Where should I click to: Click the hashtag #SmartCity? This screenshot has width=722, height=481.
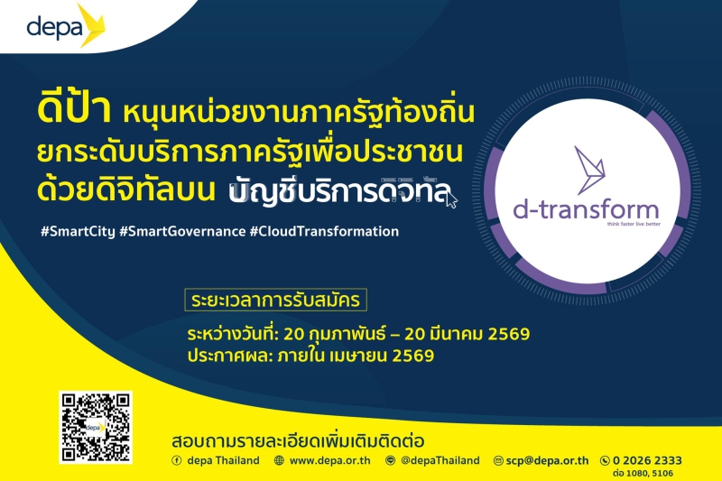click(x=77, y=231)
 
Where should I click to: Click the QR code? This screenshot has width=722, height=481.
click(x=96, y=427)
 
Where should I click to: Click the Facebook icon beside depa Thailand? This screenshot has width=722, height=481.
click(x=177, y=460)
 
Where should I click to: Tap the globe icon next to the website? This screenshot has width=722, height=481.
click(x=279, y=460)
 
